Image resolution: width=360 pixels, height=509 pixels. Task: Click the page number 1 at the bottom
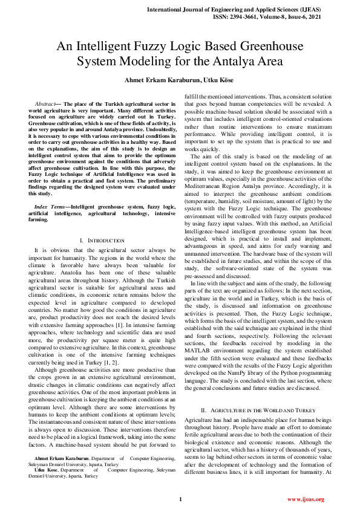180,499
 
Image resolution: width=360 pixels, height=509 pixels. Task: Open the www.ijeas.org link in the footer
306,499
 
